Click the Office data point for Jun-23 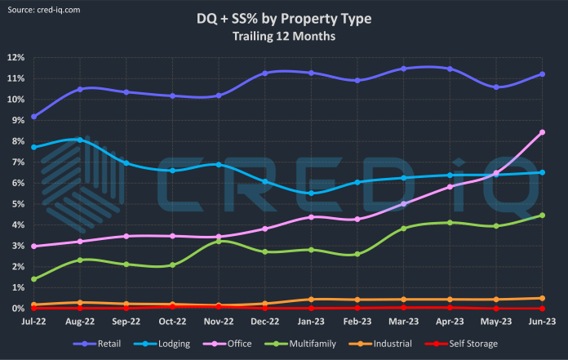tap(542, 132)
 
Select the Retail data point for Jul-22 tap(33, 117)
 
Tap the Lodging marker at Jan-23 tap(311, 193)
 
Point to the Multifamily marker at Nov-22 tap(219, 241)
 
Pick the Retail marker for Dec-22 tap(264, 73)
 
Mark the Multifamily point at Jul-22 tap(33, 279)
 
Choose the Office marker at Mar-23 tap(403, 203)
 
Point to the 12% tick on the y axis tap(15, 58)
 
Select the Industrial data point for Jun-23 tap(542, 298)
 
